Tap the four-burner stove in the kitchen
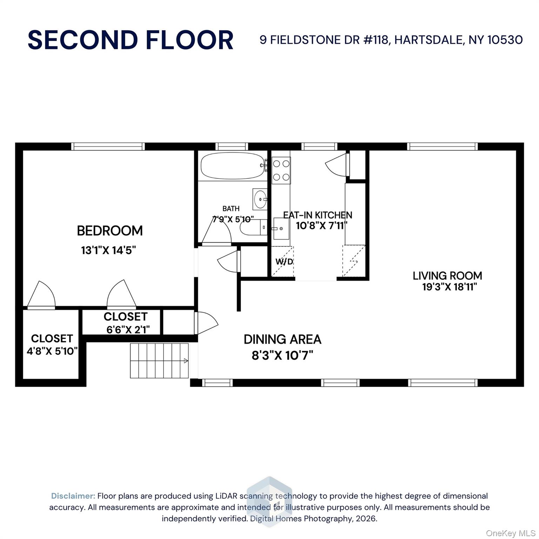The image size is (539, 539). [x=281, y=169]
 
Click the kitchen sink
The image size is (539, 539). [x=281, y=228]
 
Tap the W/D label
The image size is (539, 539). [x=284, y=261]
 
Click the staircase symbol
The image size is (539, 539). [x=160, y=361]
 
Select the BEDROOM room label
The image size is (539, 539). [x=110, y=231]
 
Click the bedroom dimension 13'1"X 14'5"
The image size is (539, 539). [x=108, y=251]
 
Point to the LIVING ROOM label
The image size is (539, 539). [x=447, y=276]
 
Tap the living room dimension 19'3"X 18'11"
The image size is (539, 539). [x=450, y=287]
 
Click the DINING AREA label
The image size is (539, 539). [x=282, y=339]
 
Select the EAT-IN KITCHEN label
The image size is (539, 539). [x=318, y=215]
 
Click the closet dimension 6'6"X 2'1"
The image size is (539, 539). [x=128, y=330]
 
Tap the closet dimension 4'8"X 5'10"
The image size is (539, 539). [x=52, y=351]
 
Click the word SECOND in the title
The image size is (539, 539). [x=83, y=40]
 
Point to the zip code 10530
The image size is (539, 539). [x=505, y=40]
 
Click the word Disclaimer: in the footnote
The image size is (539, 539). [x=73, y=496]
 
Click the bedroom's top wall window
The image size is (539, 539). [x=108, y=147]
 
